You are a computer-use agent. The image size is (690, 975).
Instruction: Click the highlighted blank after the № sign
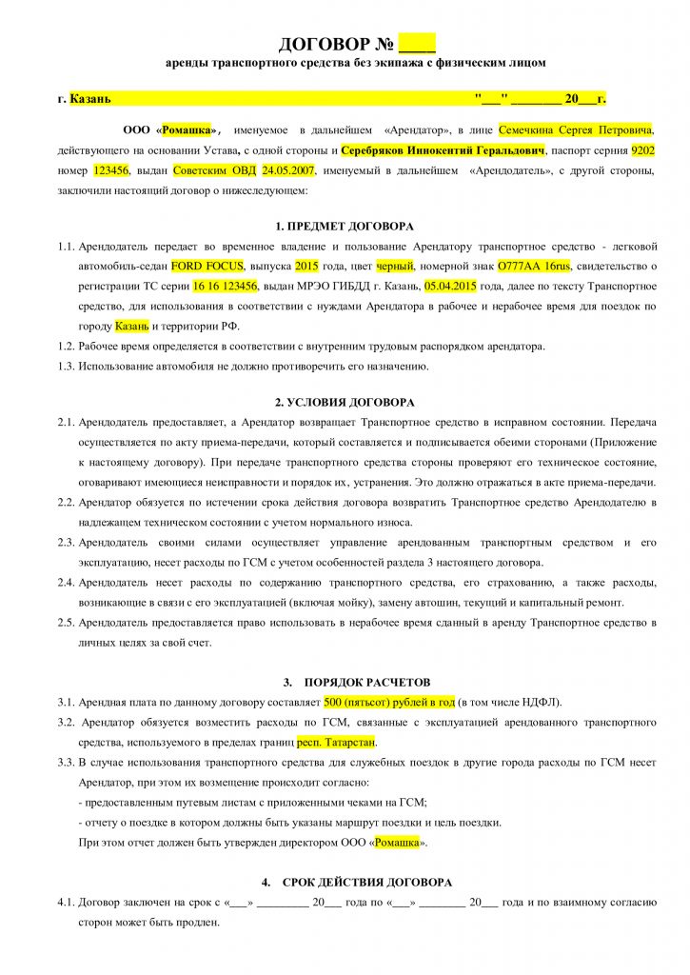(417, 44)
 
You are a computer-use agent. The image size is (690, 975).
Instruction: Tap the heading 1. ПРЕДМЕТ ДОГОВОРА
(345, 227)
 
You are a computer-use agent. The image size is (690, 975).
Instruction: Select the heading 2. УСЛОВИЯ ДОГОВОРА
(345, 403)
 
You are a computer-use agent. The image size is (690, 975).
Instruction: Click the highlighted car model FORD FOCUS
(207, 266)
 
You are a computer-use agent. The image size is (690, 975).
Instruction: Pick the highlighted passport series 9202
(643, 150)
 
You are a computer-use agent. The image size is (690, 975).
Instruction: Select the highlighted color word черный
(397, 266)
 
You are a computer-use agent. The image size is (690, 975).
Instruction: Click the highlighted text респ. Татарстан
(336, 741)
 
